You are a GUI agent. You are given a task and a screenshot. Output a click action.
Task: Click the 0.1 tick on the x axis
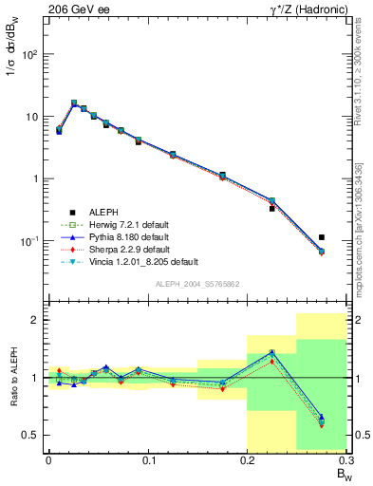(x=148, y=460)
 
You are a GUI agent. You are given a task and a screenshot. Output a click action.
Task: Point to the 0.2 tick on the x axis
(x=247, y=460)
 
